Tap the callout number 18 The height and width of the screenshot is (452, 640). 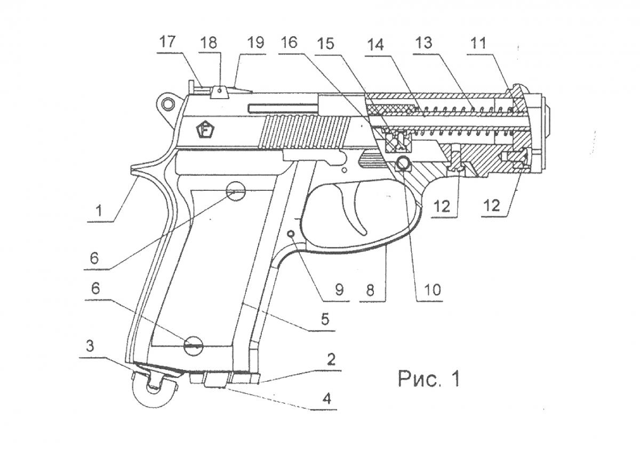click(210, 42)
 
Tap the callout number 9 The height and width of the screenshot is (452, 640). click(339, 289)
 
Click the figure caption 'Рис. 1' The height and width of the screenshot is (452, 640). click(428, 379)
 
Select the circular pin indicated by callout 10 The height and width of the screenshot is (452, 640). click(404, 164)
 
